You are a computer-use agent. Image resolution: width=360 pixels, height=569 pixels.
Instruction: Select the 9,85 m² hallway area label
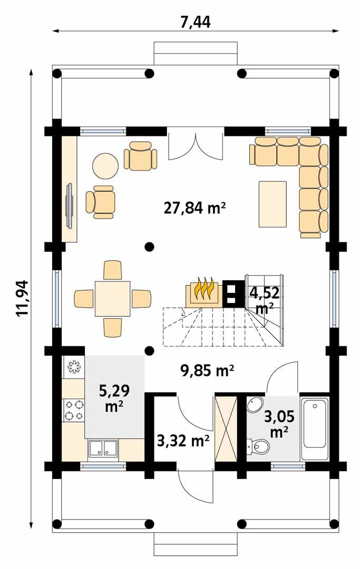click(x=207, y=371)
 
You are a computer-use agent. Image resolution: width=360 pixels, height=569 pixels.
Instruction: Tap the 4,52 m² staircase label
click(x=264, y=298)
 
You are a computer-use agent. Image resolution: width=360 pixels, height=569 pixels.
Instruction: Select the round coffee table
click(x=105, y=166)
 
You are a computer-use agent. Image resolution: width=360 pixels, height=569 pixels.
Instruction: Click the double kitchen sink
click(x=103, y=448)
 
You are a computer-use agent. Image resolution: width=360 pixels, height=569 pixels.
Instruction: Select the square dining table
click(x=112, y=298)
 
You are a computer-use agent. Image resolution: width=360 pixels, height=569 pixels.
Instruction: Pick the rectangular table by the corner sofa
click(x=273, y=204)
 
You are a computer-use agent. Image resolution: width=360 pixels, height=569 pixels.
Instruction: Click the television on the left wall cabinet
click(x=69, y=199)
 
